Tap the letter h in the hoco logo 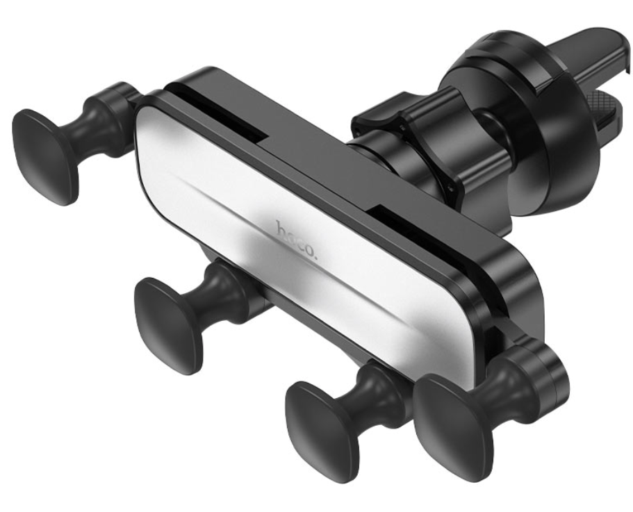281,229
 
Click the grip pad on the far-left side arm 45,156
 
